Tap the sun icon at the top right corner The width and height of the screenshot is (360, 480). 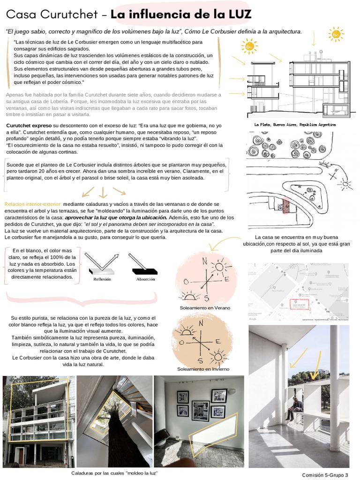tap(336, 33)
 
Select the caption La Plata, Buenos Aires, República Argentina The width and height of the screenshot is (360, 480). tap(295, 125)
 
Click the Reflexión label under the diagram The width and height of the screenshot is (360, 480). tap(102, 279)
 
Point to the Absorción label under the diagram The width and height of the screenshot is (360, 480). tap(145, 279)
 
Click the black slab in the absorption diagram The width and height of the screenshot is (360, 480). tap(145, 271)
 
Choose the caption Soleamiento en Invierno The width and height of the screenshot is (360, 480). tap(203, 369)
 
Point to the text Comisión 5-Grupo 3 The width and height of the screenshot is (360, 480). tap(325, 474)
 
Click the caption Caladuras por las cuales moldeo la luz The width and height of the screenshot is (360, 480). tap(114, 473)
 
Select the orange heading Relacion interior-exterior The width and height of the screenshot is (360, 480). tap(32, 204)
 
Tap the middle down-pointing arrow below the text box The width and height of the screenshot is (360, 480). tap(103, 192)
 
